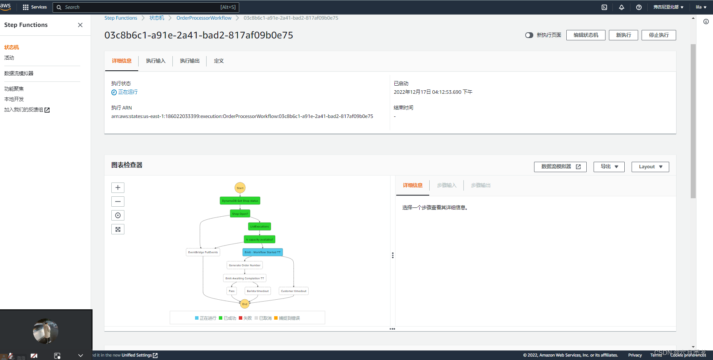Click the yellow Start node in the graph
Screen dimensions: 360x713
[x=240, y=188]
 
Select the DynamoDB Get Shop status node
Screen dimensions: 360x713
[x=240, y=201]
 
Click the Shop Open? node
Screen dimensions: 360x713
[x=240, y=214]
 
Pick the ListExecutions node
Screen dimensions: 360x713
[x=260, y=227]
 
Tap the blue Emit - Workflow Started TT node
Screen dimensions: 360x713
[x=263, y=252]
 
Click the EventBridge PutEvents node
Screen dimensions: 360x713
[x=203, y=252]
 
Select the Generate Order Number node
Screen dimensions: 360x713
[x=245, y=265]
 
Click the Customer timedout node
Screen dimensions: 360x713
[x=294, y=291]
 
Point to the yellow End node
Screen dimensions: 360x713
[x=245, y=304]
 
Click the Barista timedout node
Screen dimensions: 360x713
[x=258, y=291]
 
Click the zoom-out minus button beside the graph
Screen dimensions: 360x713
[x=118, y=202]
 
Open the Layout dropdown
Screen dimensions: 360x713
[x=650, y=167]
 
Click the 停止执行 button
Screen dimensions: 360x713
[x=658, y=35]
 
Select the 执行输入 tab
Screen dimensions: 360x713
[x=156, y=61]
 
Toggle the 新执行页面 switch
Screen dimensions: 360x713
[x=529, y=35]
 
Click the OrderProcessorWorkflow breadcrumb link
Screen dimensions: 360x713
[x=204, y=18]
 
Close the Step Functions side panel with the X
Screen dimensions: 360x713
[x=80, y=25]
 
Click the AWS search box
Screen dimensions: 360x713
[x=146, y=7]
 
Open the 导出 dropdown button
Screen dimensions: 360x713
[x=609, y=167]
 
